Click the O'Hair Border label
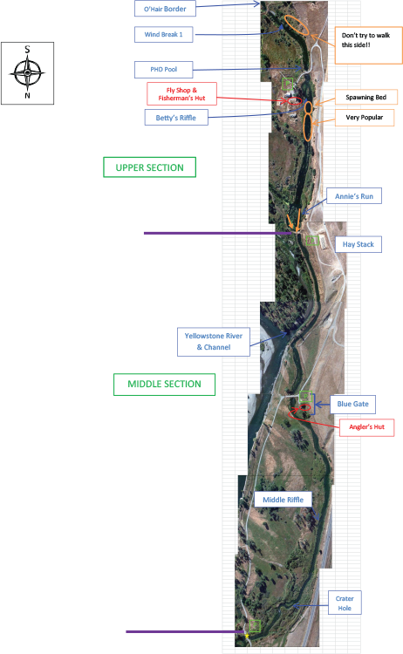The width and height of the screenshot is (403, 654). pos(165,9)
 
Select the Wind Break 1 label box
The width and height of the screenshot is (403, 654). pos(163,35)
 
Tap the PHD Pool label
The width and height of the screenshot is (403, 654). pos(163,70)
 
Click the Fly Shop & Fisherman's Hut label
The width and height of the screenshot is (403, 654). pos(181,94)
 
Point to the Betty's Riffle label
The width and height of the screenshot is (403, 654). pos(176,118)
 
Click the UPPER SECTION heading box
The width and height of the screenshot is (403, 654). pos(149,167)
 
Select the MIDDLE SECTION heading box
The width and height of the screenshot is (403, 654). pos(164,385)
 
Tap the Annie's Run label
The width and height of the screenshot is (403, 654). pos(354,196)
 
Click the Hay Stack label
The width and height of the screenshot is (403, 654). pos(359,244)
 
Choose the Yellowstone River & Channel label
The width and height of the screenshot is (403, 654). pos(214,342)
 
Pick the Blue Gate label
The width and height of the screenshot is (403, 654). pos(353,404)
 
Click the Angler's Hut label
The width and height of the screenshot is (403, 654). pos(366,427)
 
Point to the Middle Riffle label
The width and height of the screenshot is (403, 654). pos(283,500)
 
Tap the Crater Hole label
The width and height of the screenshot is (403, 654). pos(345,603)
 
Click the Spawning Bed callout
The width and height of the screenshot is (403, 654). pos(365,97)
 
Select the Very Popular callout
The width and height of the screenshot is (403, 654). pos(365,118)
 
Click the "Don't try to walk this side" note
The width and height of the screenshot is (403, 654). pos(369,45)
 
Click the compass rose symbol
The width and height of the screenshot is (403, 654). pos(28,73)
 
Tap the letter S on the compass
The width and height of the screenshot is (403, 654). pos(28,50)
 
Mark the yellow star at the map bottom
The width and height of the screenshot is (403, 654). pos(247,636)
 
